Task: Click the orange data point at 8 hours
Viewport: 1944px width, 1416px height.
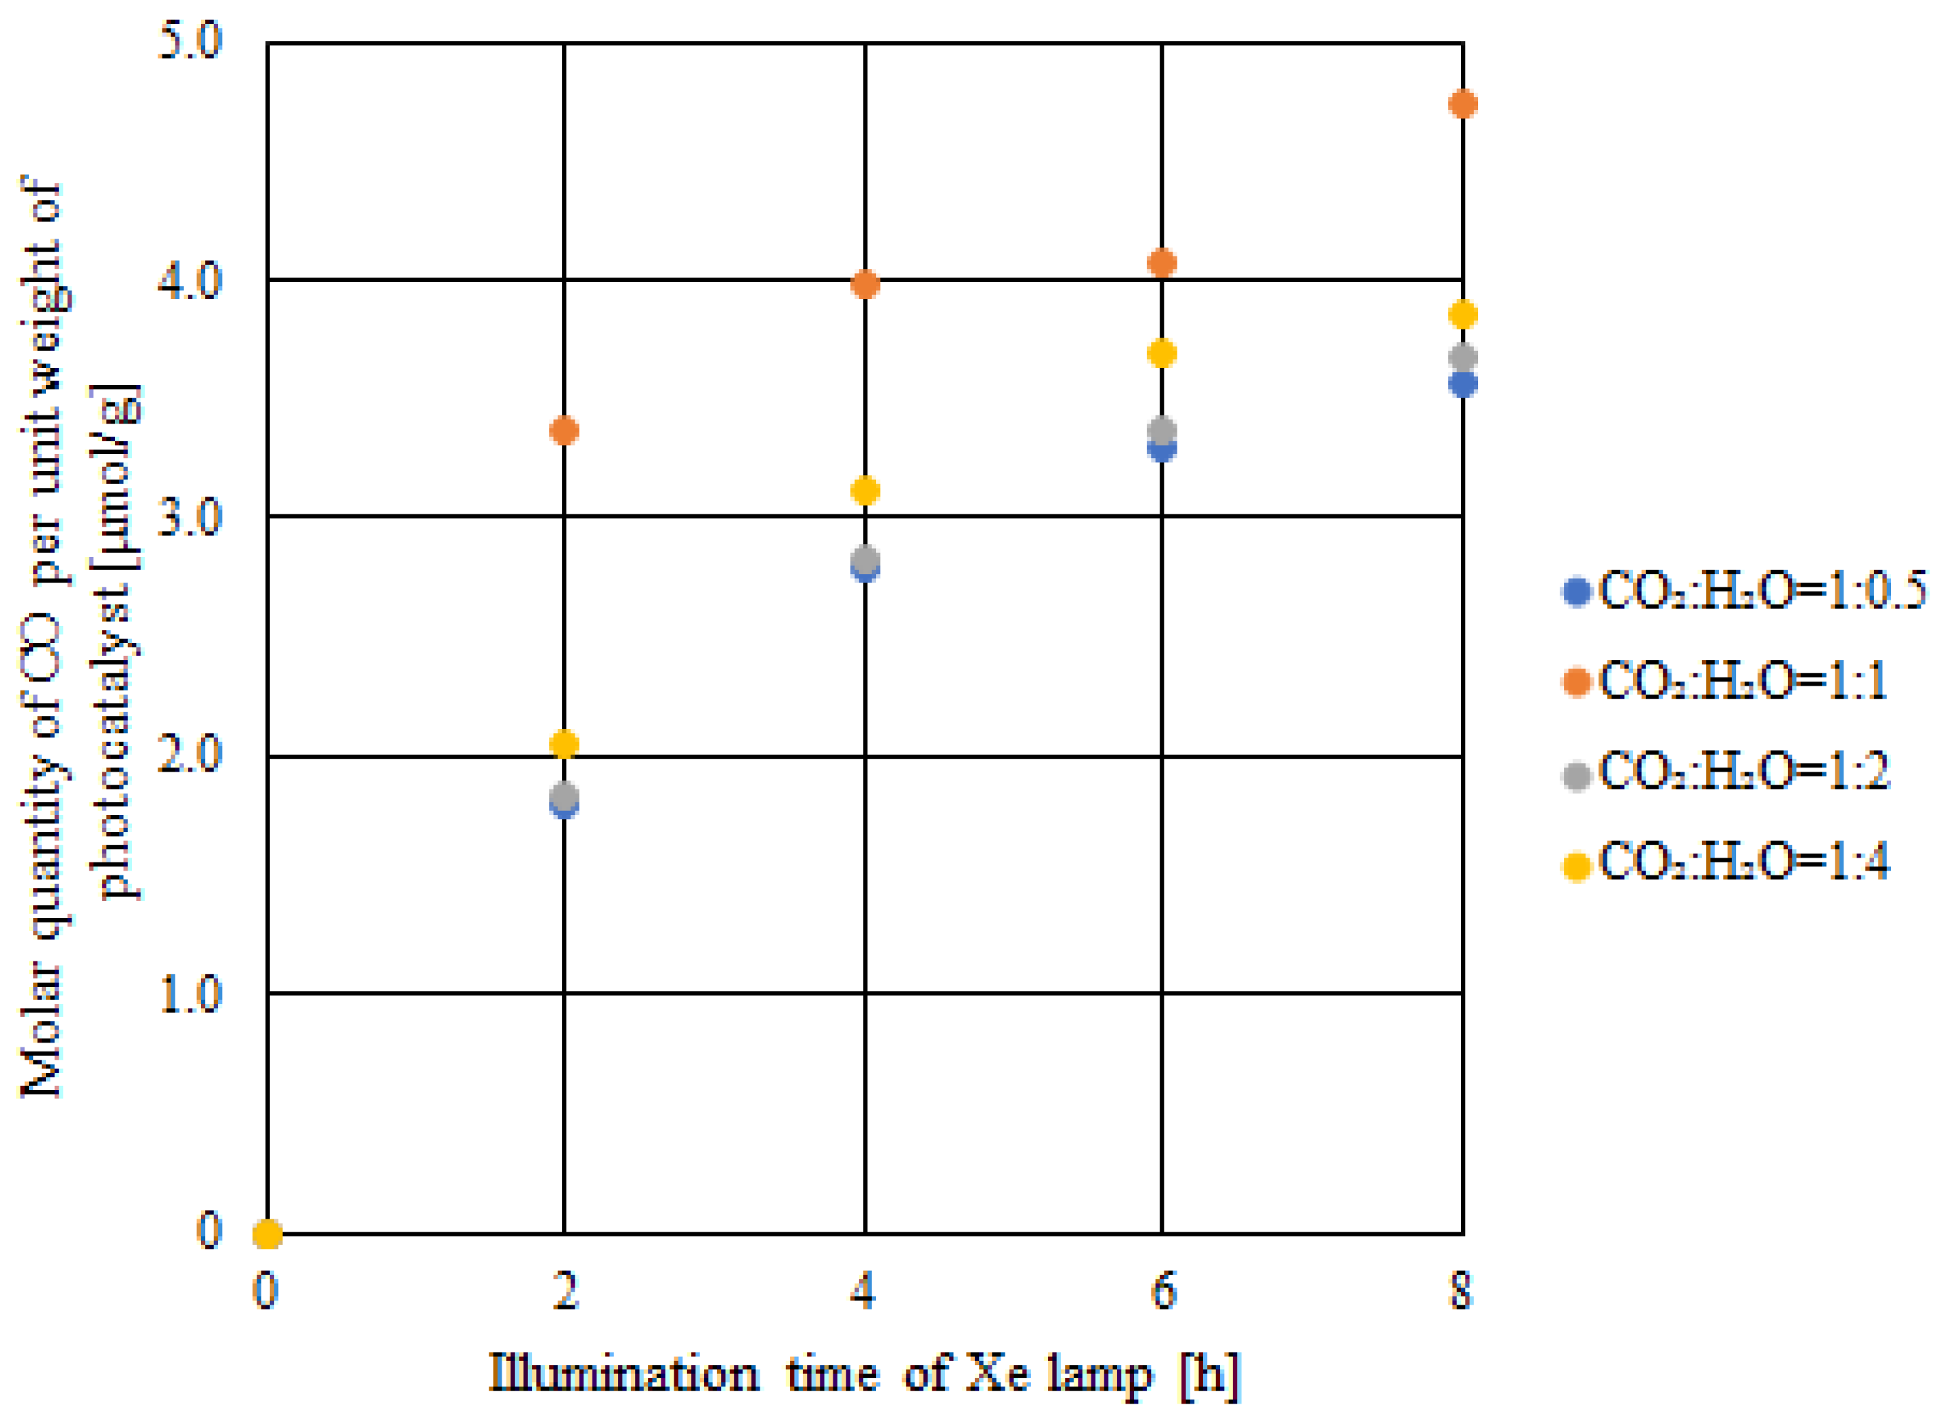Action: (x=1462, y=105)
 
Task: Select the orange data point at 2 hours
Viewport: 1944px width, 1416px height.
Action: (x=564, y=431)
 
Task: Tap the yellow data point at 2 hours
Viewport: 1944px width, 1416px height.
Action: (x=564, y=744)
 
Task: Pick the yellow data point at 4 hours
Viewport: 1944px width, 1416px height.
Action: (x=865, y=491)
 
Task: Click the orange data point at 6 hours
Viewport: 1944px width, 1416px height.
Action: (x=1161, y=263)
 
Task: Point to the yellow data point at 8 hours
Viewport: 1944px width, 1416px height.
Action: (x=1462, y=314)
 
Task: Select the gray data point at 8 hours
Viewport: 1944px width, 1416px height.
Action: (x=1462, y=358)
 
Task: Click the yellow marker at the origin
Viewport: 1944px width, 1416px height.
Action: (x=268, y=1234)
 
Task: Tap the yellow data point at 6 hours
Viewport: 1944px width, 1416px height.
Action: (x=1161, y=353)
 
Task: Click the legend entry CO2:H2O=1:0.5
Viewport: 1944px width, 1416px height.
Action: (x=1741, y=591)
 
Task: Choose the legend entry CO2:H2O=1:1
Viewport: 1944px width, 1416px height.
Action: (x=1724, y=682)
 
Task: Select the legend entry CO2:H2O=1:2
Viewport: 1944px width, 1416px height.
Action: (x=1724, y=772)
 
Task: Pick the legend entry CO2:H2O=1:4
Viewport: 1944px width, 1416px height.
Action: (x=1724, y=862)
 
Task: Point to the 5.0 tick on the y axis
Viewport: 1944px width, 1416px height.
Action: (x=191, y=41)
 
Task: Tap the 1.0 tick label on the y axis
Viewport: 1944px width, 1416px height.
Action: (x=191, y=994)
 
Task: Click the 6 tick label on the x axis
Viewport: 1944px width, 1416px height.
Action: (x=1162, y=1290)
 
